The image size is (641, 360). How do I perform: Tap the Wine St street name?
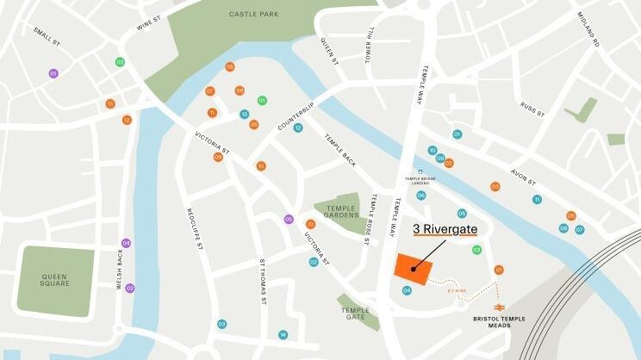149,22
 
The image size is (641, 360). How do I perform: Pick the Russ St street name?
532,109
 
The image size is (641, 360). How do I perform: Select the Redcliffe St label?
194,228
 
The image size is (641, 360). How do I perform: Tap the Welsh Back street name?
121,269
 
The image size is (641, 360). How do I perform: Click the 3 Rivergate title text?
445,229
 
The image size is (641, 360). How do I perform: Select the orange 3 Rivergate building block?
413,267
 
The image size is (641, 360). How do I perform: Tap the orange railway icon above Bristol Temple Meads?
498,307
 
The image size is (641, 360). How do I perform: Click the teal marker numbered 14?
283,335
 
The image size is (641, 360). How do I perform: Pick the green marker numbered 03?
476,250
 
